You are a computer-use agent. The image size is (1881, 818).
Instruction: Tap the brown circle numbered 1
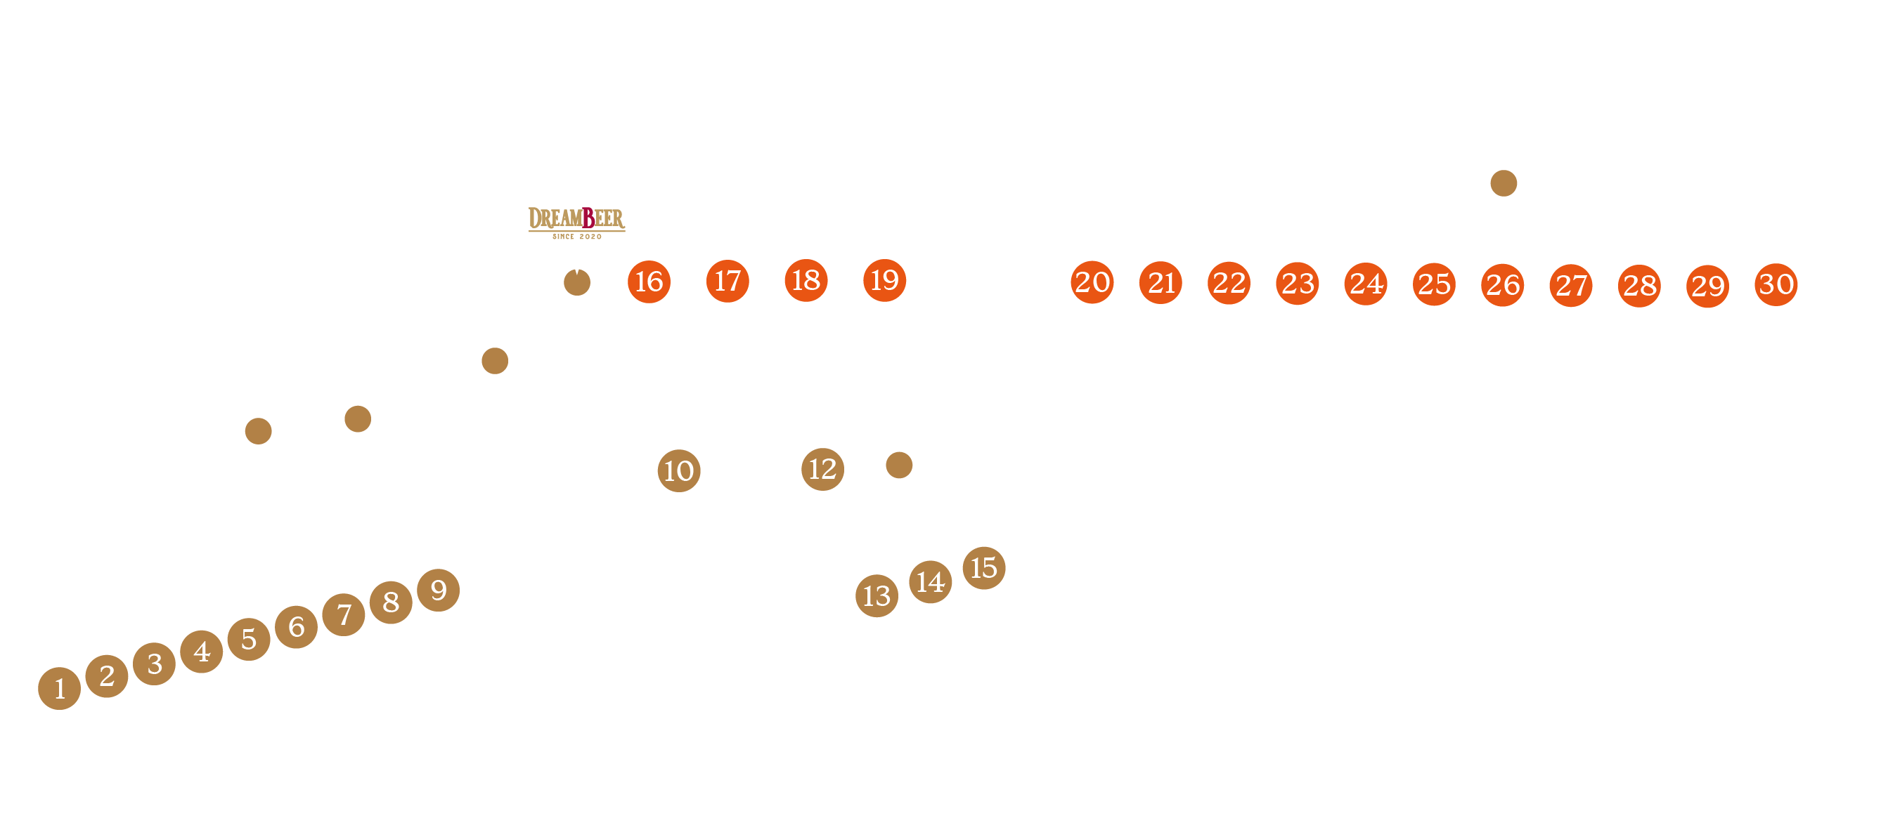coord(59,687)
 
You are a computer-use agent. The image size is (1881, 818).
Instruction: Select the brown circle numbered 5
coord(249,638)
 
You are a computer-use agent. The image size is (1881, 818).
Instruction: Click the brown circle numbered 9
coord(438,590)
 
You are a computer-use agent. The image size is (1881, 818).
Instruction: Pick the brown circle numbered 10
coord(678,470)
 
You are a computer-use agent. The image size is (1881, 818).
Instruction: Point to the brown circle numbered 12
coord(822,469)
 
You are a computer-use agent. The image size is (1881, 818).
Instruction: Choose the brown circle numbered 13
coord(877,595)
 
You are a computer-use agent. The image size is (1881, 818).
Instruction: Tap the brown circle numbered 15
coord(983,568)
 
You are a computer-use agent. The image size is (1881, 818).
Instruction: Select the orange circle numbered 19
coord(884,280)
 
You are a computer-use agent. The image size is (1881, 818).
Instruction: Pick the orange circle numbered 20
coord(1092,282)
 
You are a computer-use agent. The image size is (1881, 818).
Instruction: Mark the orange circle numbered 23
coord(1297,283)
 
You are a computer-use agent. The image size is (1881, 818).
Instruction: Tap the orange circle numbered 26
coord(1502,284)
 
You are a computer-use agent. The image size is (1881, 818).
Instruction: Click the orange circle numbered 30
coord(1775,284)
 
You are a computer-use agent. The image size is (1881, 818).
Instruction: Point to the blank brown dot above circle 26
coord(1503,183)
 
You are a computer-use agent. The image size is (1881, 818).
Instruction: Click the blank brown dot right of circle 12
coord(899,465)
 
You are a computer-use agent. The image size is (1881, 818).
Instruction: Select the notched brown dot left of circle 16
coord(577,282)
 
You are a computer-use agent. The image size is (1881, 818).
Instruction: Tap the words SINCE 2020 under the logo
coord(577,237)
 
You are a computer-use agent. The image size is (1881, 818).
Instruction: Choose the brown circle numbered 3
coord(154,664)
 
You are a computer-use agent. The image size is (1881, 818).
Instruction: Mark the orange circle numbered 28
coord(1638,285)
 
